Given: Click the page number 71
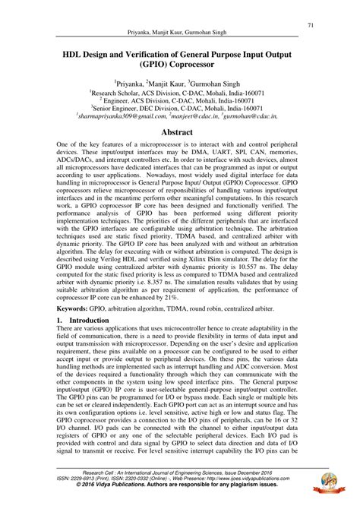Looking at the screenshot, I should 311,25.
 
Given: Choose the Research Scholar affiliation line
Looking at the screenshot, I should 179,93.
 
